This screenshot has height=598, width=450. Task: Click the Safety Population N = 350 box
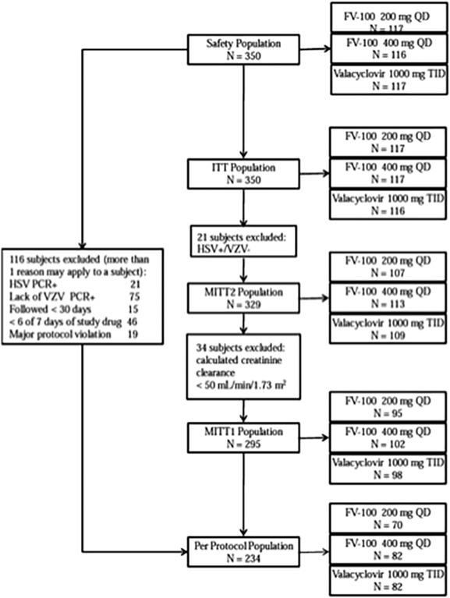pos(244,48)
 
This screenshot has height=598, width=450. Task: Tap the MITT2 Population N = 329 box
pos(244,297)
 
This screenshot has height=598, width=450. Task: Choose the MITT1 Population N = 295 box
pos(244,433)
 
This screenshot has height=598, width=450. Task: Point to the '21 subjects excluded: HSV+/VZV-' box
pos(244,241)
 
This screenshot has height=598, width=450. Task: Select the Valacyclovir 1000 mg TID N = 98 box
pos(381,465)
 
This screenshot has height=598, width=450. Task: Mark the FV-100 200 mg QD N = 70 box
pos(381,521)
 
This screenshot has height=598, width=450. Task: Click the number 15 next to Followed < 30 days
pos(155,310)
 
